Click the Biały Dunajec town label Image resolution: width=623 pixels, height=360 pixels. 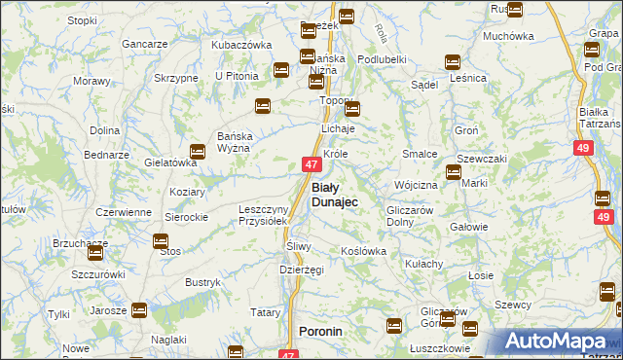pyautogui.click(x=334, y=194)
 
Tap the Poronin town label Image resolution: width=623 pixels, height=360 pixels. pyautogui.click(x=320, y=332)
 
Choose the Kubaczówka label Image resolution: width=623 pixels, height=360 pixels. pyautogui.click(x=241, y=45)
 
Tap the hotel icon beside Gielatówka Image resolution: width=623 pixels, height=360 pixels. pyautogui.click(x=198, y=151)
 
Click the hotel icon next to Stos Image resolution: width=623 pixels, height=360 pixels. pyautogui.click(x=161, y=240)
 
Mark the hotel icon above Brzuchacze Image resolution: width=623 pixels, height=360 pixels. pyautogui.click(x=94, y=254)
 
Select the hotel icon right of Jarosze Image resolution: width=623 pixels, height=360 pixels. pyautogui.click(x=139, y=310)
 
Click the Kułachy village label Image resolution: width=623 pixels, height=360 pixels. pyautogui.click(x=424, y=264)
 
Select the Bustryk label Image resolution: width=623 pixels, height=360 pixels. pyautogui.click(x=202, y=282)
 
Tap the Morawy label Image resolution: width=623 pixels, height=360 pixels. pyautogui.click(x=92, y=81)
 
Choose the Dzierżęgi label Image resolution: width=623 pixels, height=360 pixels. pyautogui.click(x=301, y=270)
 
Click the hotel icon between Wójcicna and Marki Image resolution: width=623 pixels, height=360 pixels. pyautogui.click(x=454, y=173)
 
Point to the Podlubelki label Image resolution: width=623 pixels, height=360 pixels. pyautogui.click(x=382, y=58)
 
